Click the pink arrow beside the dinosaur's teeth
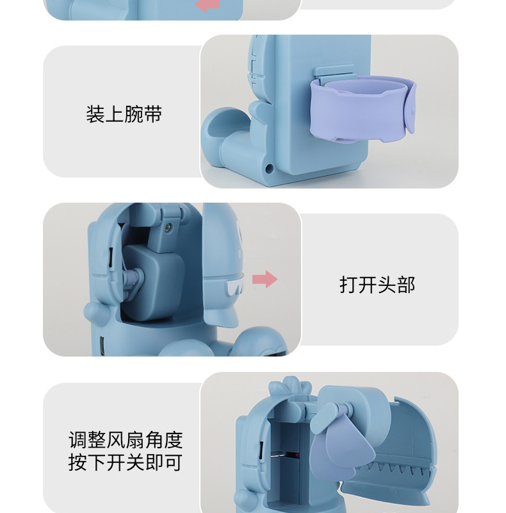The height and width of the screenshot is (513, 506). coord(265,280)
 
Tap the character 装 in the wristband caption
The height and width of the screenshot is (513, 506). coord(95,114)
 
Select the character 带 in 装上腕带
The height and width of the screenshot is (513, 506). coord(152,114)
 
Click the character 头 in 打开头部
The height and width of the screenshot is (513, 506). coord(387,285)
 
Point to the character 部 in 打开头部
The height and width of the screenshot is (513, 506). coord(406,285)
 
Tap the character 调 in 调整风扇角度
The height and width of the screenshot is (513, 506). coord(78,440)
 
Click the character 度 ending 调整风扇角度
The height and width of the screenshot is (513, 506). coord(173,440)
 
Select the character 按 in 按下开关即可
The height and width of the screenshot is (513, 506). coord(78,462)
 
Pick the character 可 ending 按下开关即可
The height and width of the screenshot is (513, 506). coord(173,462)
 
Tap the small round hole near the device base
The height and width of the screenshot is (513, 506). coord(270,169)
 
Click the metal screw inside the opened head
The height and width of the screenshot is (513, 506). coord(168,226)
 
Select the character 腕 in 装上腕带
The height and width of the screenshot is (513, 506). coord(134,114)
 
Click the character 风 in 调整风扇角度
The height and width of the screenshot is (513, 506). coord(116,440)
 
